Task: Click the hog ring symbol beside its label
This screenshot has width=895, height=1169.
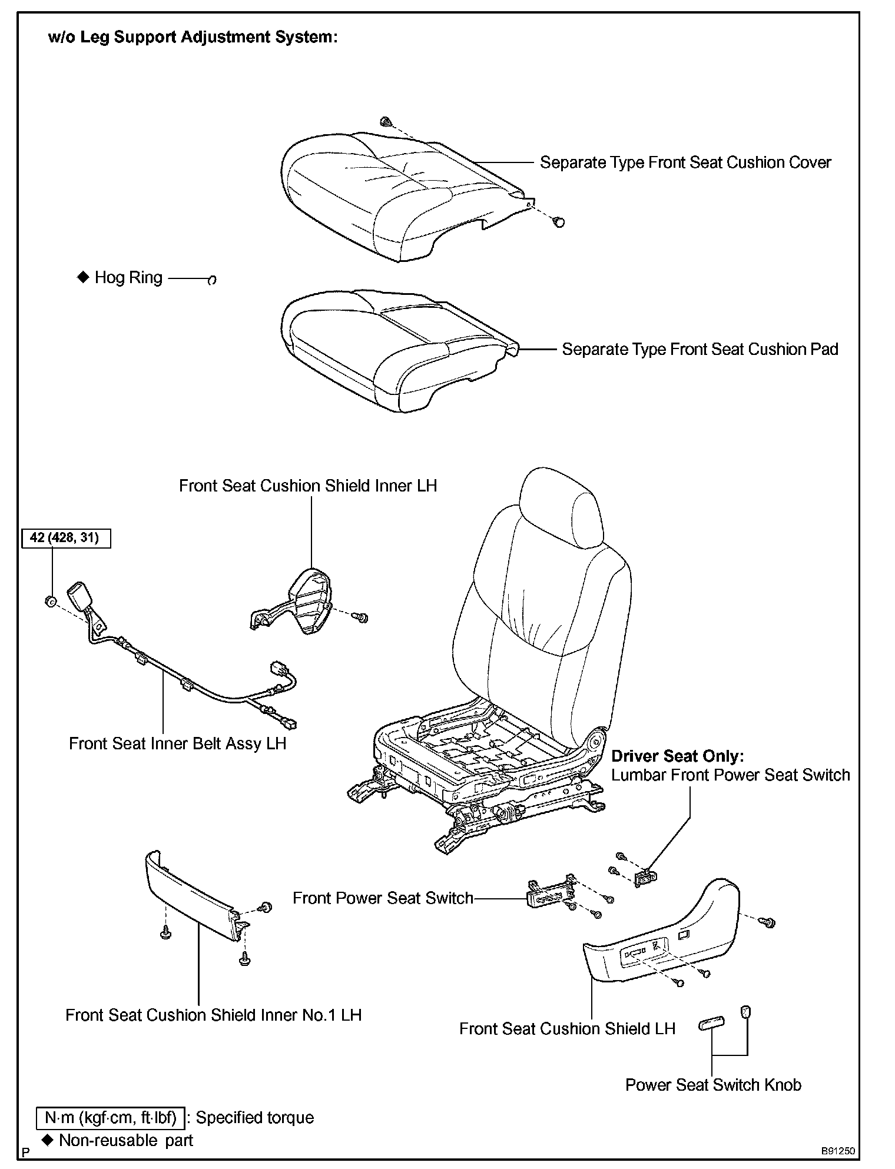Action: (x=212, y=280)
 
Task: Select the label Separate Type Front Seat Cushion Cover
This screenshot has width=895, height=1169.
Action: (x=685, y=162)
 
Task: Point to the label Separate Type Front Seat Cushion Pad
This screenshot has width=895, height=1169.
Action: (x=700, y=349)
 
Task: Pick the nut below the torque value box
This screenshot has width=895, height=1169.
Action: (x=51, y=601)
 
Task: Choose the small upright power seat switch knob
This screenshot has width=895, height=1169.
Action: (x=745, y=1012)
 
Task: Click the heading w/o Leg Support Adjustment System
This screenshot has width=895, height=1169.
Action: (x=193, y=37)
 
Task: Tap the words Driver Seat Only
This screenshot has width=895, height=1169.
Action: (x=677, y=756)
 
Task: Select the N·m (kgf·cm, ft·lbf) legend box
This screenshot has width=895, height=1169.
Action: (x=111, y=1118)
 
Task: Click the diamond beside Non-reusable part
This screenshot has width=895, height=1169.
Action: (x=48, y=1140)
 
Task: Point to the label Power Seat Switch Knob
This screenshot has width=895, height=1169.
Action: (x=713, y=1084)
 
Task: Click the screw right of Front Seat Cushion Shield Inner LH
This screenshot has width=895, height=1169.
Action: (x=360, y=617)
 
